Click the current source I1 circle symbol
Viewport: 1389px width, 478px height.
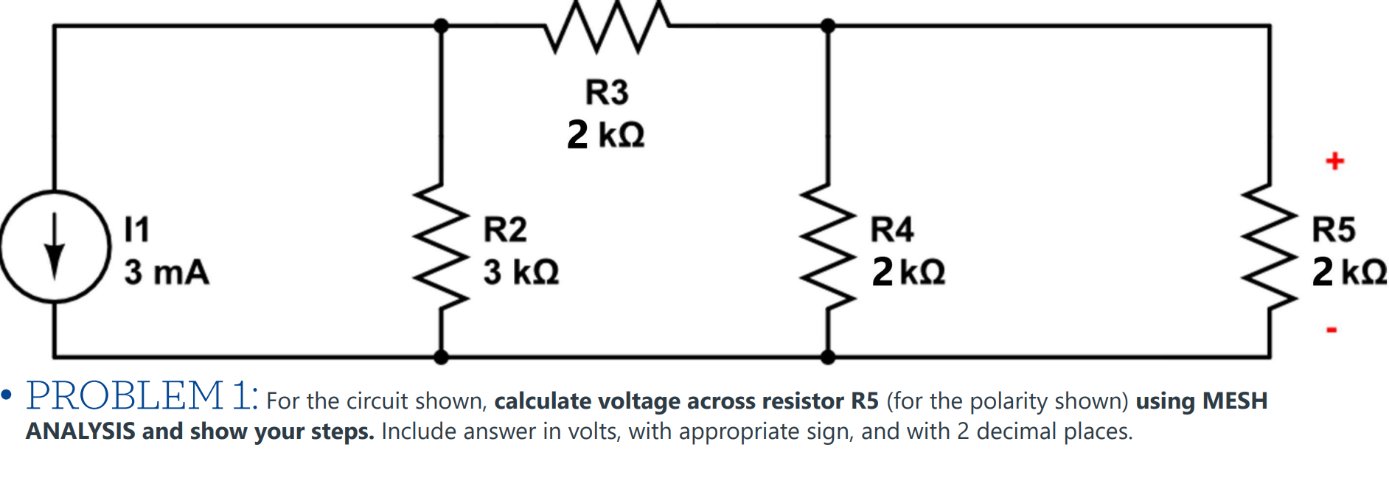55,246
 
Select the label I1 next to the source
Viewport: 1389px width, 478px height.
136,229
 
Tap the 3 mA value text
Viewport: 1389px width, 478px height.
167,271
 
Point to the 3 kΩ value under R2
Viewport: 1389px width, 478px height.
521,271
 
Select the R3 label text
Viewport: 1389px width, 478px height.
607,92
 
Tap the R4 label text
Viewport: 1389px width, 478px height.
892,229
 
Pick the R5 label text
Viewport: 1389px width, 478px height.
1334,229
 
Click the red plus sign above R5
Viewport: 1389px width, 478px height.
1334,161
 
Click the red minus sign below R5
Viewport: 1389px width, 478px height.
1331,330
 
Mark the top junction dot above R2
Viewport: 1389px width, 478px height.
441,27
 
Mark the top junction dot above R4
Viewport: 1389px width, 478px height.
828,27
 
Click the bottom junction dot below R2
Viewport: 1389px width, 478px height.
441,358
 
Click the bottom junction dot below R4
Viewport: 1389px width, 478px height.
828,358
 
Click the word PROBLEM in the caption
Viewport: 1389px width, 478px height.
125,396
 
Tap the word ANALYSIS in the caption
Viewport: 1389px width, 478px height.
80,432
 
